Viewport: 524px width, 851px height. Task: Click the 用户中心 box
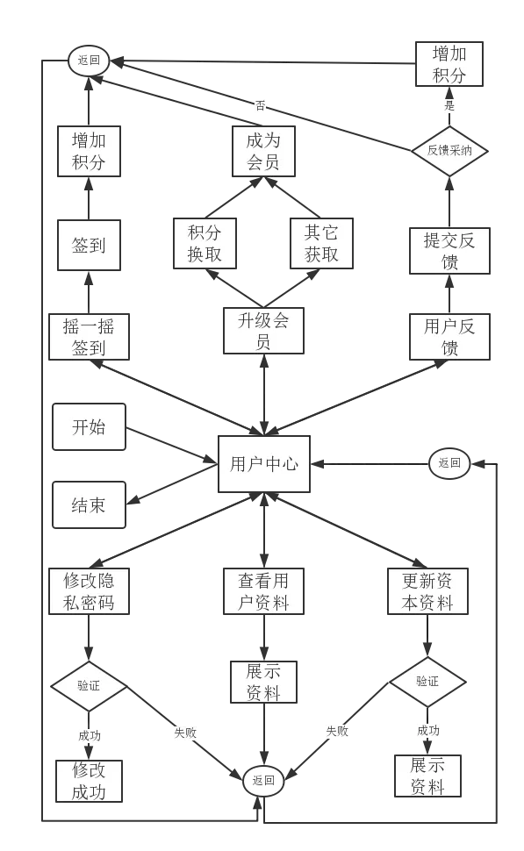pos(264,464)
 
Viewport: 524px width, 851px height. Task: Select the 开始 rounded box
pos(89,426)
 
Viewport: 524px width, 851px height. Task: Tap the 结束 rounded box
pos(89,504)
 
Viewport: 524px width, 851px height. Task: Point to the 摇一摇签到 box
pos(89,337)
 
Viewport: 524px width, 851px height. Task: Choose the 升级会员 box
pos(264,331)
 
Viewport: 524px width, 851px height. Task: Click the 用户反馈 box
pos(449,337)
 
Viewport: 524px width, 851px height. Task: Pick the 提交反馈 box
pos(449,251)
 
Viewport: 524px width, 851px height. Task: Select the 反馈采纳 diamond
pos(449,151)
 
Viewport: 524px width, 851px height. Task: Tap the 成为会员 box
pos(264,152)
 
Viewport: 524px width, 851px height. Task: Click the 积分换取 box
pos(205,243)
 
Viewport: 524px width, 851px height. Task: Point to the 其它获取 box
pos(321,243)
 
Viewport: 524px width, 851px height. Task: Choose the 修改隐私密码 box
pos(89,591)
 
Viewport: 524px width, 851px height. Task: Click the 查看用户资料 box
pos(264,591)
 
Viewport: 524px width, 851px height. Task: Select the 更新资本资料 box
pos(427,591)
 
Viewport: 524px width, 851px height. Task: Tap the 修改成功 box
pos(89,781)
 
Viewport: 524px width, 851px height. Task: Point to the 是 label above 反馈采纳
pos(449,105)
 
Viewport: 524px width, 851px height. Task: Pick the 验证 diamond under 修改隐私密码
pos(89,686)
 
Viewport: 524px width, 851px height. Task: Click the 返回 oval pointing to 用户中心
pos(449,463)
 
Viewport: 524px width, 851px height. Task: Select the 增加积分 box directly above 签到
pos(89,152)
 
